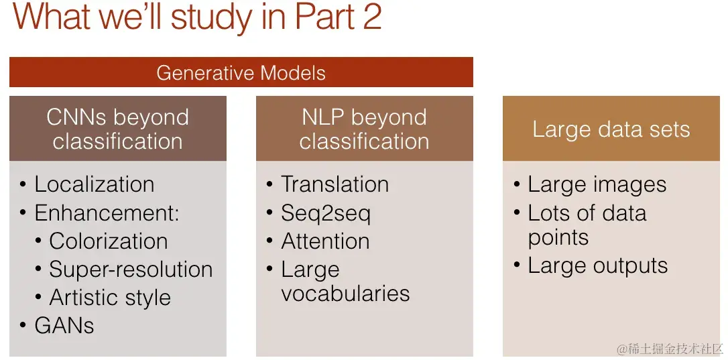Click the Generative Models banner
[241, 72]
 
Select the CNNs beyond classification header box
[117, 129]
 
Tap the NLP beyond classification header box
[364, 129]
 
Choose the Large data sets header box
[611, 129]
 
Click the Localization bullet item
[94, 184]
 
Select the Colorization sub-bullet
[108, 241]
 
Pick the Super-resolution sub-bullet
[130, 269]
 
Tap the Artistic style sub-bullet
[110, 298]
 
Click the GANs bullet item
[64, 326]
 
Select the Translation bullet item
[335, 184]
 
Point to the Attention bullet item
[325, 241]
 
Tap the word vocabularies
[345, 294]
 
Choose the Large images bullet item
[597, 184]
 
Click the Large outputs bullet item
[597, 265]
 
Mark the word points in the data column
[558, 238]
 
